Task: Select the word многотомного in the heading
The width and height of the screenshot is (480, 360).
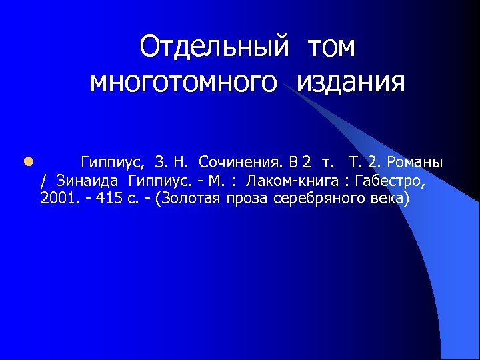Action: pyautogui.click(x=183, y=83)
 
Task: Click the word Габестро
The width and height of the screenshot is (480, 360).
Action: pyautogui.click(x=389, y=181)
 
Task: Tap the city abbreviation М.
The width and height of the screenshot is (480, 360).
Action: pyautogui.click(x=217, y=181)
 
